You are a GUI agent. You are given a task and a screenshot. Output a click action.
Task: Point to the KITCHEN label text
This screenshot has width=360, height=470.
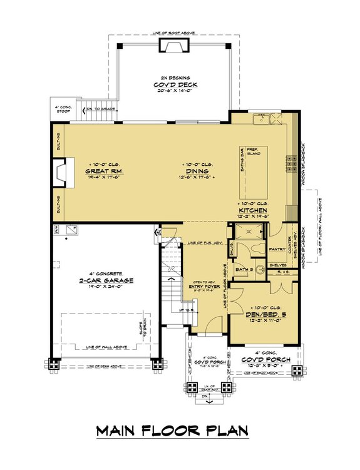pyautogui.click(x=253, y=211)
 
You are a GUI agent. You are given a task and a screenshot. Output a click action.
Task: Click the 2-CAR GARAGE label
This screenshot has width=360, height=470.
pyautogui.click(x=103, y=281)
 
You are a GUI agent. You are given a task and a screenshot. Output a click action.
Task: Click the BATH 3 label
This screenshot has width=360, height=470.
pyautogui.click(x=243, y=269)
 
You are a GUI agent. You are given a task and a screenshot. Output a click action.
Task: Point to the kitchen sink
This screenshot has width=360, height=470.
pyautogui.click(x=260, y=118)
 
